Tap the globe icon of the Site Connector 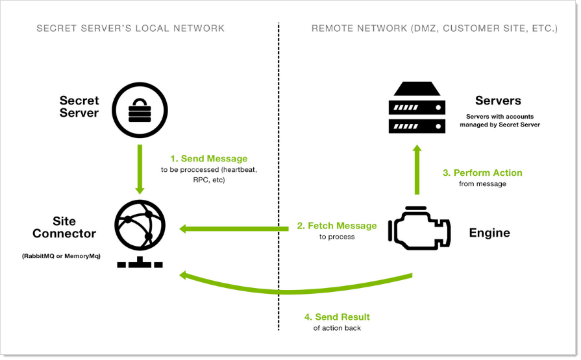[140, 228]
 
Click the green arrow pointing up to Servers [417, 170]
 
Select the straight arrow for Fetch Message [234, 228]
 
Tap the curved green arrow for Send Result [292, 290]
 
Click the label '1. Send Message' [208, 158]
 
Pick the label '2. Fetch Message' [337, 226]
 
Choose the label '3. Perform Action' [482, 173]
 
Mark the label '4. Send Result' [337, 317]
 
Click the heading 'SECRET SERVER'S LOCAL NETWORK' [130, 29]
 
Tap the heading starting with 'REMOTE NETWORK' [434, 29]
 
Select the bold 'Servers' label [498, 101]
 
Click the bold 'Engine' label [489, 233]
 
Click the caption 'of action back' [337, 328]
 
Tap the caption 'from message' [482, 184]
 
